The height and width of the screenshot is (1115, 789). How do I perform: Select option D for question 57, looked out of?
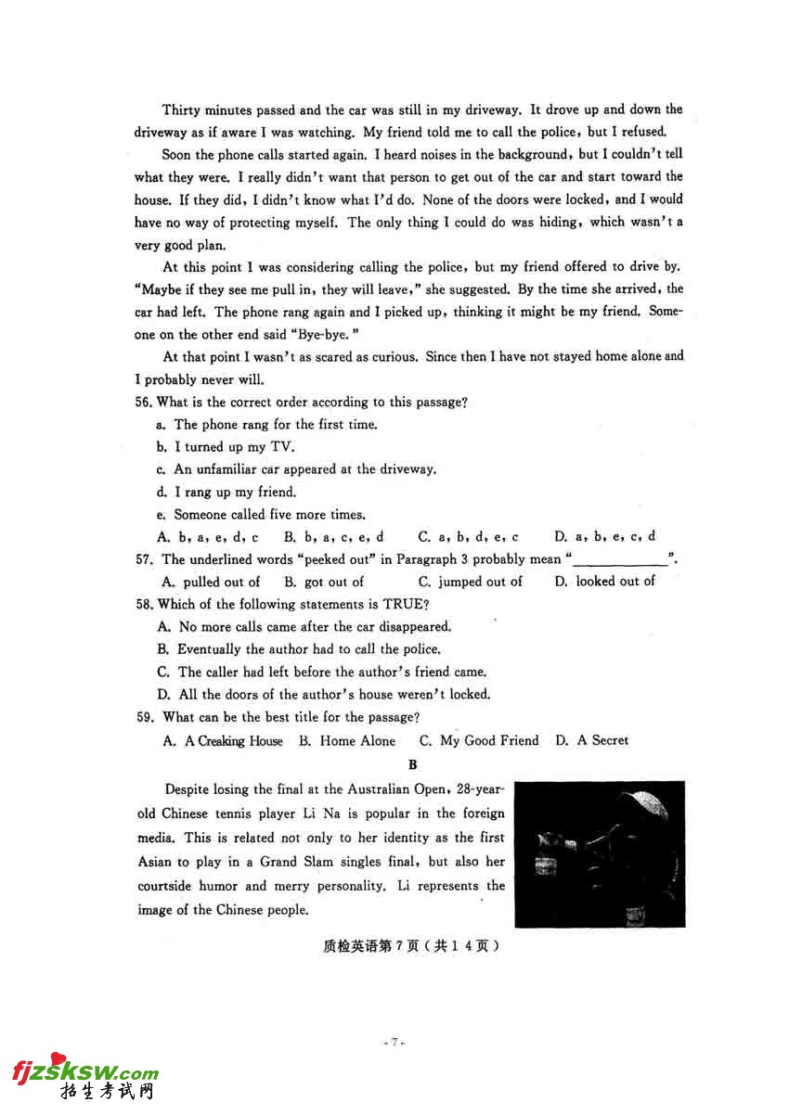click(604, 582)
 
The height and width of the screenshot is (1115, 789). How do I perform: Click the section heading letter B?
click(413, 765)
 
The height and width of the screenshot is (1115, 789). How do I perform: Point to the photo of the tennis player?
click(600, 854)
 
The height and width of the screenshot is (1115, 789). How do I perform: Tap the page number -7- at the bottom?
click(394, 1043)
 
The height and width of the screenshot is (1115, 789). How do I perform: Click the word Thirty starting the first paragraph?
click(182, 109)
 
